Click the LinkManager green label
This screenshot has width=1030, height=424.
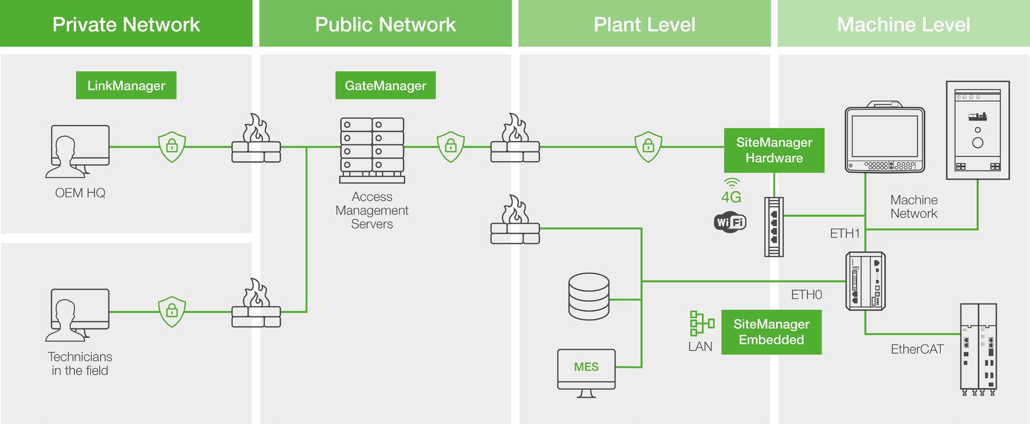[126, 85]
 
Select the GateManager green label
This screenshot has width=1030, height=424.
[385, 85]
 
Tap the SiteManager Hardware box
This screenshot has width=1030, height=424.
[774, 150]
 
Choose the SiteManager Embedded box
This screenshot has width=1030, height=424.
[771, 332]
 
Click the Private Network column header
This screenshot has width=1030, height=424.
[126, 24]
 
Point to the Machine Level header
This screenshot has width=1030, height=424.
[903, 24]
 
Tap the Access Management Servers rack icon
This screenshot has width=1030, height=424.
[372, 150]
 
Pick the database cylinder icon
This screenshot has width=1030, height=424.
[589, 296]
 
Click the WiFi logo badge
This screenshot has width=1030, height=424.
[730, 222]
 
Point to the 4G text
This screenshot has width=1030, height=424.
[731, 197]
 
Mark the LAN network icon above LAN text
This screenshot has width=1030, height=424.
[702, 323]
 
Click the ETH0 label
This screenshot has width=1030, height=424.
[806, 295]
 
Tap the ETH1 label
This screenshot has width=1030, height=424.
[845, 233]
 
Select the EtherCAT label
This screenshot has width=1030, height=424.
[917, 349]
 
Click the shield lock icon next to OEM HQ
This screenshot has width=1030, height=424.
[172, 146]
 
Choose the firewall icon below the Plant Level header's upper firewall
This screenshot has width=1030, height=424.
[515, 221]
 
